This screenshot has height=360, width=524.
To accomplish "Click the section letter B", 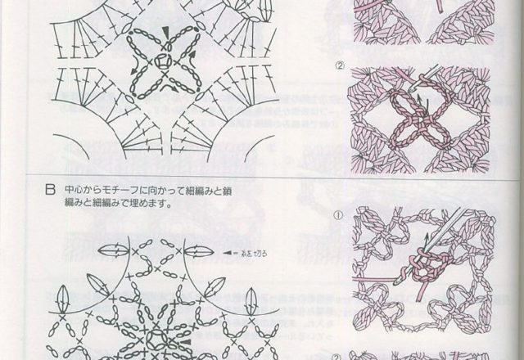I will [x=51, y=193].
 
